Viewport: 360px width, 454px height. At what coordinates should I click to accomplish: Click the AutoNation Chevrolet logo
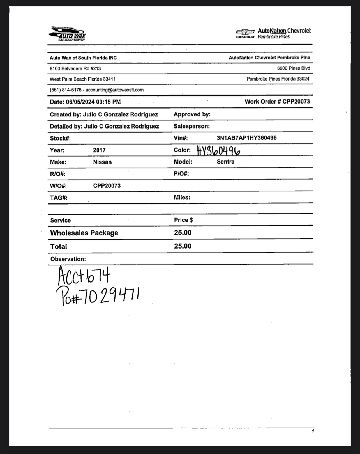click(x=273, y=33)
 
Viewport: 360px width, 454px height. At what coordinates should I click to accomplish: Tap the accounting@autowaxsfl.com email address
click(x=114, y=90)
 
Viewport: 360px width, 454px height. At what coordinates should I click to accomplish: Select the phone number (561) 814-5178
click(x=66, y=90)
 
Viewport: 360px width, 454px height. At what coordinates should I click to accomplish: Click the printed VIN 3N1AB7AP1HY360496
click(x=246, y=138)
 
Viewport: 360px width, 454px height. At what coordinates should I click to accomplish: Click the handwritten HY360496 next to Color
click(x=218, y=151)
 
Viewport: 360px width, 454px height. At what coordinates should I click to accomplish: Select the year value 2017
click(x=99, y=150)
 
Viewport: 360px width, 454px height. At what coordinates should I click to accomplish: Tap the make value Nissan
click(x=102, y=162)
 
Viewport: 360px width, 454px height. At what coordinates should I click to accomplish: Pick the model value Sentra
click(x=225, y=162)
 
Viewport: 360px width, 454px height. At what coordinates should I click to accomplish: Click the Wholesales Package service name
click(x=84, y=233)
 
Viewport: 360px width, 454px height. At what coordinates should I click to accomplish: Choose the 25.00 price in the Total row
click(x=183, y=246)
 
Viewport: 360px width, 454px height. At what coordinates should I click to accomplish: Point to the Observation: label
click(x=68, y=259)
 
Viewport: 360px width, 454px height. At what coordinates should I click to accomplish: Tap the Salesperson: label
click(x=191, y=126)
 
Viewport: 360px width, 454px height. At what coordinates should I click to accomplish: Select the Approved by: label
click(x=192, y=114)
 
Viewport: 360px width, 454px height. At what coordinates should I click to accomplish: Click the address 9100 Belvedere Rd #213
click(x=75, y=68)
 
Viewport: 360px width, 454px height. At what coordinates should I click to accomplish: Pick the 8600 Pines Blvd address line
click(x=293, y=68)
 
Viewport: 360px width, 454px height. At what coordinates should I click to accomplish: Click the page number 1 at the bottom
click(x=313, y=431)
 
